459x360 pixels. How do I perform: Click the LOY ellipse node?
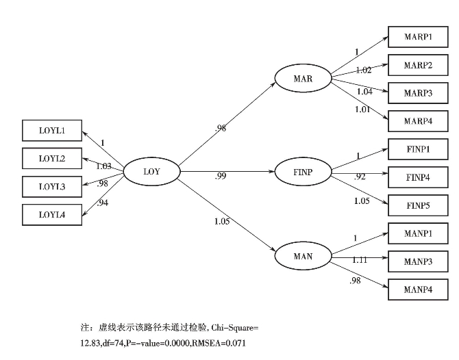coord(151,172)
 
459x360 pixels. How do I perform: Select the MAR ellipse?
coord(302,79)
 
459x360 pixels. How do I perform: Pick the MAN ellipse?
coord(302,257)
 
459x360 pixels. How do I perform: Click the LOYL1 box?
coord(51,131)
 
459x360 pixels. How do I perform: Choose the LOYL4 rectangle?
coord(51,215)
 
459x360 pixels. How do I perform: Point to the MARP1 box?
coord(417,37)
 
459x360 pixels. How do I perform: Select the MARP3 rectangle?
coord(417,93)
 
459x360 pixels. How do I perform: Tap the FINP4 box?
coord(417,177)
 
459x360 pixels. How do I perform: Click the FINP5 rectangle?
coord(417,205)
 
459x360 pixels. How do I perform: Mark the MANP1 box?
coord(417,233)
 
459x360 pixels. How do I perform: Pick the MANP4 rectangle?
coord(417,290)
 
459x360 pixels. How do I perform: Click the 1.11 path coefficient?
coord(360,260)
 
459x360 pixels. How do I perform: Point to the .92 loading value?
coord(360,177)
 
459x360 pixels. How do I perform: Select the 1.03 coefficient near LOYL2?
coord(103,166)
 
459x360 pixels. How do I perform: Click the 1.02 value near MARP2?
coord(363,70)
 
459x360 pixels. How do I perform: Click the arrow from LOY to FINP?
coord(226,171)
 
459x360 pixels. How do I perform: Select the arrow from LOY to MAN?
coord(226,213)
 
